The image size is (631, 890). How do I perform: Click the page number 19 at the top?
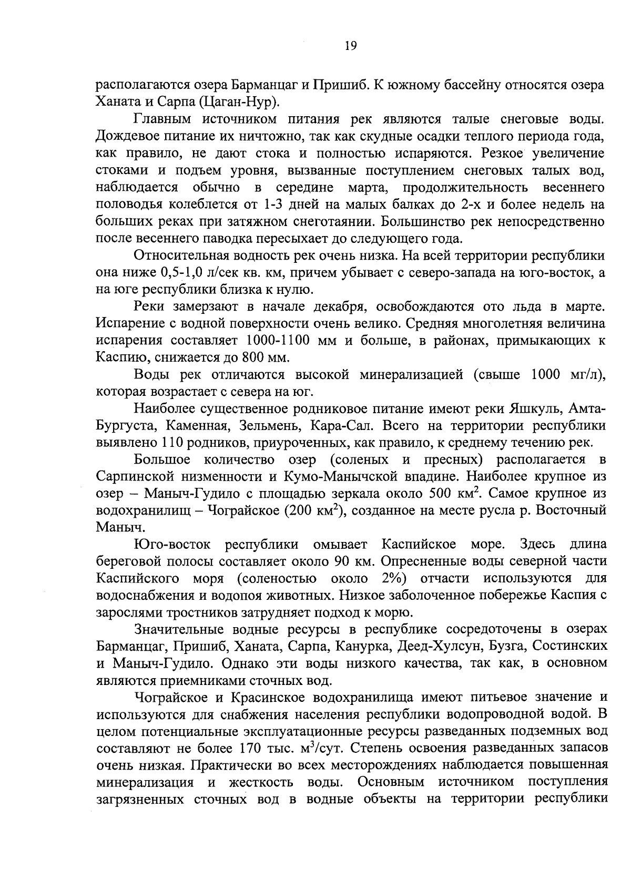pos(350,46)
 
